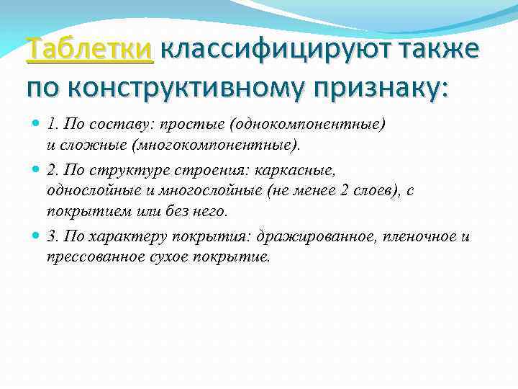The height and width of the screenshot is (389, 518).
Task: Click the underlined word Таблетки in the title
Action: [89, 50]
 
